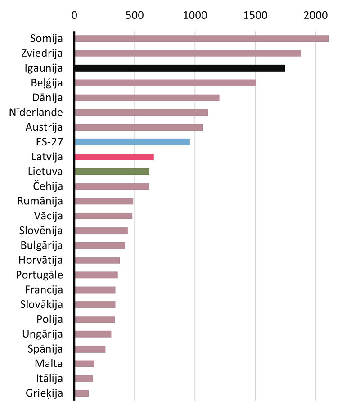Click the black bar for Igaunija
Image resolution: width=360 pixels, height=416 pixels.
point(180,68)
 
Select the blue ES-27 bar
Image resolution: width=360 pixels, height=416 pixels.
point(133,142)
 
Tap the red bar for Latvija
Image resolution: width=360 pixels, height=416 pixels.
point(114,157)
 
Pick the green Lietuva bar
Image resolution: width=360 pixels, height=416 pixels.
point(112,172)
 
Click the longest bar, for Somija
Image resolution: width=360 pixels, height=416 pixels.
point(202,38)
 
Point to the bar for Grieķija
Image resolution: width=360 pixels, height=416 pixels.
point(82,393)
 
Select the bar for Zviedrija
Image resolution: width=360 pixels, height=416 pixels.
point(188,53)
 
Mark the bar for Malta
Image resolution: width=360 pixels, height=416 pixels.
point(85,364)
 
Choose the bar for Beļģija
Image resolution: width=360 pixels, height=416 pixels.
point(166,83)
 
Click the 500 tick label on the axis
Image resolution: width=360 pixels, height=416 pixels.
point(135,15)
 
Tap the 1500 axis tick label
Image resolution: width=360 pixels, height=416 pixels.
point(255,15)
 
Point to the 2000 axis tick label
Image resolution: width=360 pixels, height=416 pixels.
point(316,15)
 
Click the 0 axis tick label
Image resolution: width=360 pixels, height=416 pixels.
point(74,15)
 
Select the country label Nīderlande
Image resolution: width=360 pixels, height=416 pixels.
point(36,112)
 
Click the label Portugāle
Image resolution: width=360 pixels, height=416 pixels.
point(40,275)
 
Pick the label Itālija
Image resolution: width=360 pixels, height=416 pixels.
point(49,378)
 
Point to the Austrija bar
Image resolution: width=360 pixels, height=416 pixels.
point(139,127)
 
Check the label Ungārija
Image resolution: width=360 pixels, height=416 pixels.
point(43,334)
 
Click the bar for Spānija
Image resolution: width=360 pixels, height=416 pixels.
point(90,349)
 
